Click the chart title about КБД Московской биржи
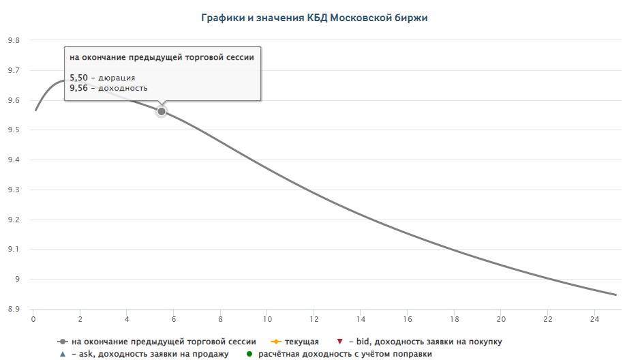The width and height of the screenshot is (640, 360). [x=314, y=18]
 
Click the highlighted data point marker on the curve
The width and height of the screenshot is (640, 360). [x=162, y=111]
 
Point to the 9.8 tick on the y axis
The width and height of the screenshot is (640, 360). [x=14, y=40]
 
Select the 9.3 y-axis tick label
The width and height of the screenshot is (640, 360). [x=14, y=190]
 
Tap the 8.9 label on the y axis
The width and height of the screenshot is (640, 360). [x=14, y=309]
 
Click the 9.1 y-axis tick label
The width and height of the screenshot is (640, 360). [x=14, y=250]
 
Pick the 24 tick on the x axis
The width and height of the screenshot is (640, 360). [x=595, y=319]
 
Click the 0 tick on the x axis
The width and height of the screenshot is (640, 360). [x=33, y=319]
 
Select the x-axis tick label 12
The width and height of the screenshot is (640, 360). [x=314, y=319]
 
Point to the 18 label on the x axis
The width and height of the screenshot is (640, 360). [x=455, y=319]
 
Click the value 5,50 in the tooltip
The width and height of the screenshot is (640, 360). [x=78, y=78]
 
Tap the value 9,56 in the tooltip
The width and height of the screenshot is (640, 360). [x=78, y=88]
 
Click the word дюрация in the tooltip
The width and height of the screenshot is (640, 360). [x=117, y=78]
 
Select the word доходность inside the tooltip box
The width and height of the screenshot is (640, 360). [x=124, y=88]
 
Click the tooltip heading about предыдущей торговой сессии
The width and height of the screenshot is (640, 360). [x=162, y=57]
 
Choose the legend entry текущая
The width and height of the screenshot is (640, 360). [x=302, y=341]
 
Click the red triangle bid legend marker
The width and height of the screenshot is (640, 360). [x=339, y=341]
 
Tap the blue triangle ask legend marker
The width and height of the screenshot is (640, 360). [x=62, y=354]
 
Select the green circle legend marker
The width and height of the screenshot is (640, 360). [x=249, y=354]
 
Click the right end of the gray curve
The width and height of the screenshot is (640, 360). [x=615, y=295]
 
